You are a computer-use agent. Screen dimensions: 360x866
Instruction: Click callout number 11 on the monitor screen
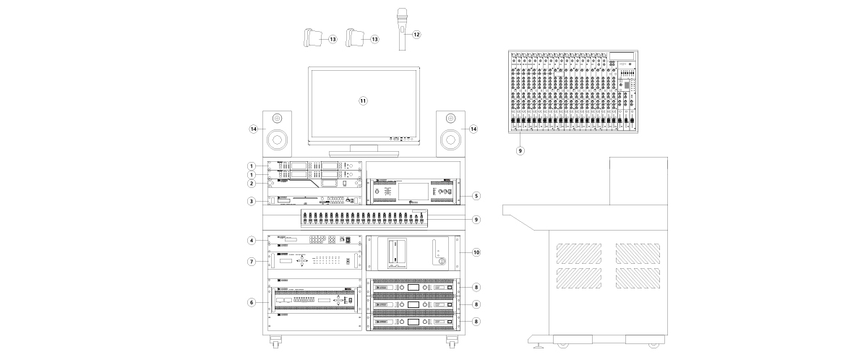tap(364, 101)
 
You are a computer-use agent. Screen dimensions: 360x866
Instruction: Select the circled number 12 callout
tap(416, 34)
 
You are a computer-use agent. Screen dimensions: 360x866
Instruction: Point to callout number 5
tap(475, 195)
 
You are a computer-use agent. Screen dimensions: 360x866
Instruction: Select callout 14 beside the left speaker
tap(254, 129)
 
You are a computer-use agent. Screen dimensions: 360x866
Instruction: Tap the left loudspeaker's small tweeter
tap(277, 118)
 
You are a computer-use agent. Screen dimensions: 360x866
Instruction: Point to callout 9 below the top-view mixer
tap(519, 151)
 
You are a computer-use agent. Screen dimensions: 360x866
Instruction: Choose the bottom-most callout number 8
tap(475, 320)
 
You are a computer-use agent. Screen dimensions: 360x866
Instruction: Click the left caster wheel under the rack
tap(275, 340)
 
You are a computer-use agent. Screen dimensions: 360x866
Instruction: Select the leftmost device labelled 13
tap(313, 39)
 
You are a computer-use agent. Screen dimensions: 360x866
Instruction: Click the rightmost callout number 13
tap(374, 39)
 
